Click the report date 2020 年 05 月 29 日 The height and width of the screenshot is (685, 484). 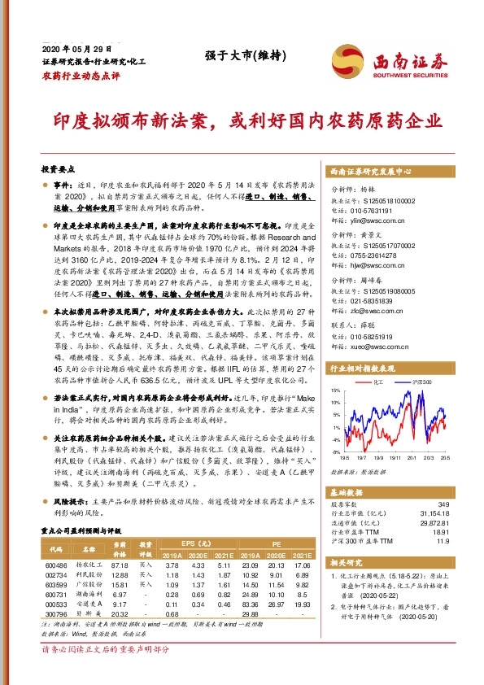(74, 48)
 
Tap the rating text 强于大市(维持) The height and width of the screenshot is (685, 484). (233, 56)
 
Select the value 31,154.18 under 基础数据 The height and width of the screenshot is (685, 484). (430, 513)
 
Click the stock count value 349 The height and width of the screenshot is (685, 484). (443, 504)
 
